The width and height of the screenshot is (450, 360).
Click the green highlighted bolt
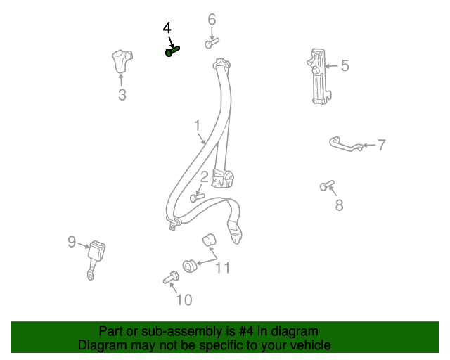click(x=172, y=51)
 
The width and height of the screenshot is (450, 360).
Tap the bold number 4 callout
click(x=167, y=28)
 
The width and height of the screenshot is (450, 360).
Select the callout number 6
click(x=212, y=20)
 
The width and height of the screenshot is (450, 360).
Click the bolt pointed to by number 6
click(x=212, y=43)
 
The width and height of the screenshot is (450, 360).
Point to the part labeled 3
click(x=122, y=61)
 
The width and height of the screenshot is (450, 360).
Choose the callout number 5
click(x=345, y=65)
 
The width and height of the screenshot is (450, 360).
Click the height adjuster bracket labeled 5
click(x=319, y=76)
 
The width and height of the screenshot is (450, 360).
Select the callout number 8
click(x=339, y=205)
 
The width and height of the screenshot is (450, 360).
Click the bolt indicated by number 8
click(x=327, y=185)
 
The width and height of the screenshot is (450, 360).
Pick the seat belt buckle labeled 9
click(x=96, y=260)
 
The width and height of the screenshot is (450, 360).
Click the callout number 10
click(x=184, y=300)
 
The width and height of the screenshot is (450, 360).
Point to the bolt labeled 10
click(x=171, y=277)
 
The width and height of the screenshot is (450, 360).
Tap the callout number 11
click(x=222, y=268)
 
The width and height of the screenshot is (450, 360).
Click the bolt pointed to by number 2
click(x=198, y=198)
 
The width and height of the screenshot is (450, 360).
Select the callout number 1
click(x=197, y=126)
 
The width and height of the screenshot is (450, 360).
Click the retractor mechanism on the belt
click(x=222, y=179)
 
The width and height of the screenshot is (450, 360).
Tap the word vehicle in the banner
click(x=312, y=345)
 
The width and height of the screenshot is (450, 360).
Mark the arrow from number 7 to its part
click(x=369, y=146)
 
